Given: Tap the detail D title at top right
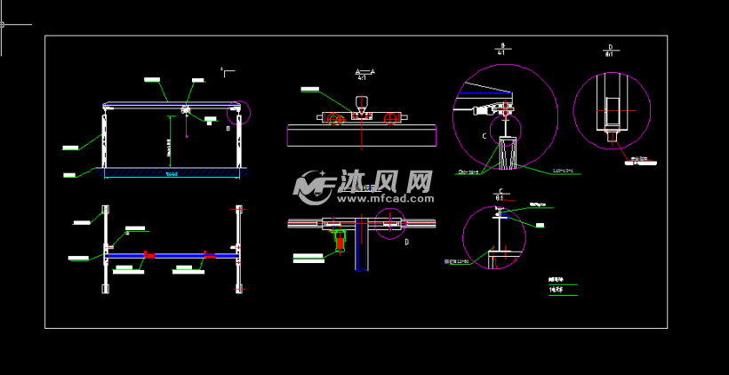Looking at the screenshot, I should [x=610, y=50].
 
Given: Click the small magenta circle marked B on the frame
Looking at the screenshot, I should [x=239, y=112].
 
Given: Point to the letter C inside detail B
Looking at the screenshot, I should [x=485, y=136].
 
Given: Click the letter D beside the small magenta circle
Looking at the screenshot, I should [x=406, y=241].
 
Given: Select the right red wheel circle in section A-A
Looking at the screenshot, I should [x=389, y=119].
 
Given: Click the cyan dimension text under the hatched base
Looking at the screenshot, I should [x=172, y=174].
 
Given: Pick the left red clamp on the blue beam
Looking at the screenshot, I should [x=148, y=256].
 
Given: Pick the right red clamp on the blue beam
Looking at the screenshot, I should [x=209, y=256].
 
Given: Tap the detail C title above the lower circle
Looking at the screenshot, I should [x=501, y=195].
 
